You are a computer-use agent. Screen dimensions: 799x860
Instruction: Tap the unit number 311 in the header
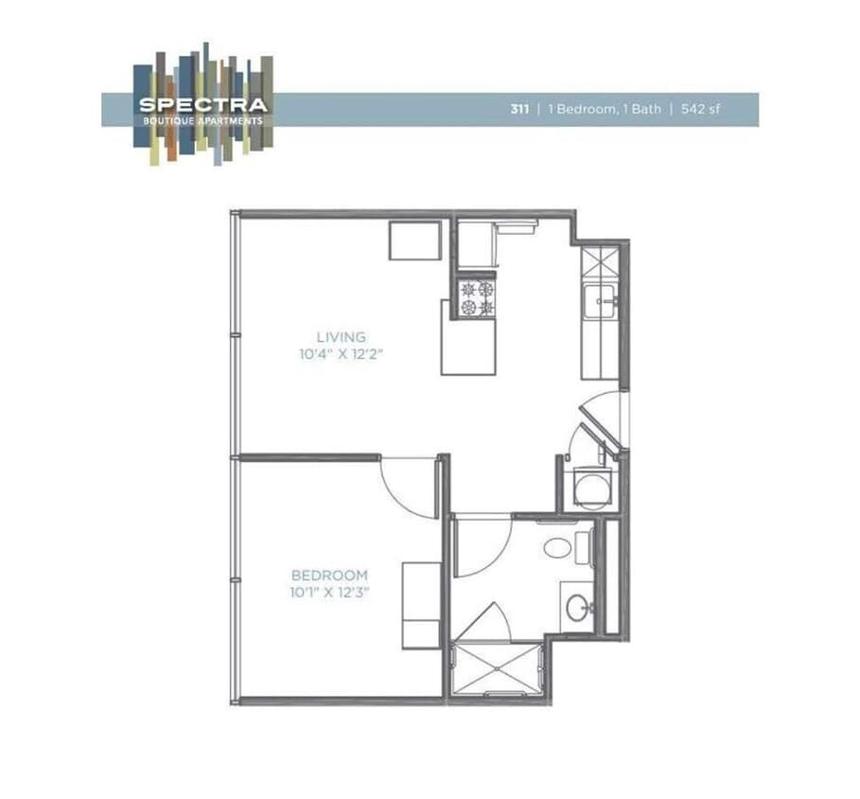520,109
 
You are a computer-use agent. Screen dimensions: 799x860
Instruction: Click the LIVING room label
342,337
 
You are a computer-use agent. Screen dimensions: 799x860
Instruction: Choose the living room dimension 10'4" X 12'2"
342,354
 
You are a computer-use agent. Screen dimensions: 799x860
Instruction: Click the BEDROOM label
329,576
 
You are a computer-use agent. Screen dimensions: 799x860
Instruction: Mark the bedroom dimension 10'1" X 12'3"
329,593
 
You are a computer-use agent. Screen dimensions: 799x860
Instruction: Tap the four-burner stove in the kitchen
477,298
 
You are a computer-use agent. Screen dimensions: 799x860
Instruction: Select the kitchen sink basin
602,303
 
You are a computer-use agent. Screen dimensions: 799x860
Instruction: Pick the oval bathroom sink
574,607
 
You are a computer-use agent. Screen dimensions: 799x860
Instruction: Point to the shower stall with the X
499,670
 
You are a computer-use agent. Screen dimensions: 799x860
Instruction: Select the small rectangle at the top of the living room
415,240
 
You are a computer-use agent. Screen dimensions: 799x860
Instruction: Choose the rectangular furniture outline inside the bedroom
421,605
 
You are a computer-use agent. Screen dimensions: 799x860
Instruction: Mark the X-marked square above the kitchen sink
601,261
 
